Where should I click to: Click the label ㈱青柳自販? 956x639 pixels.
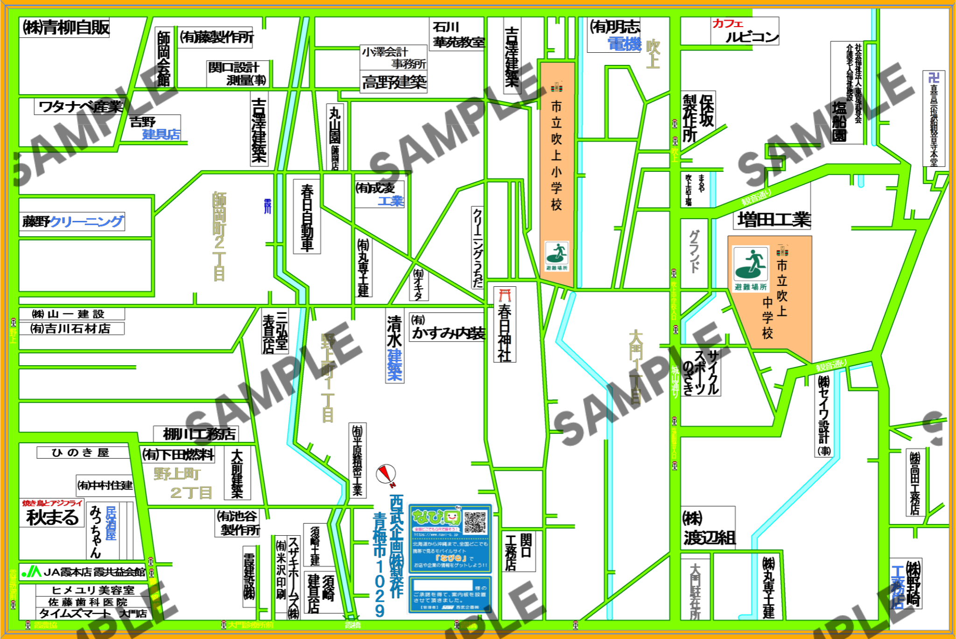coord(65,28)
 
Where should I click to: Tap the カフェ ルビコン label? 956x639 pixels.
coord(745,31)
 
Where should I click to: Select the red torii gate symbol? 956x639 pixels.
coord(505,296)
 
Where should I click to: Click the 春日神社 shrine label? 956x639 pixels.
coord(505,332)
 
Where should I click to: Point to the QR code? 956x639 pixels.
coord(475,522)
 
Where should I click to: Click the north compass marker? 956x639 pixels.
coord(386,474)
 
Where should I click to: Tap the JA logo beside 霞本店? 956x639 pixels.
coord(32,571)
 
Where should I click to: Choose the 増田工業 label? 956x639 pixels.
coord(773,220)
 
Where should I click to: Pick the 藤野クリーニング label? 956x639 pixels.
coord(72,221)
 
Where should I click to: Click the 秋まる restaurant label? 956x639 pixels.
coord(52,517)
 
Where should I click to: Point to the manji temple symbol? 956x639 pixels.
coord(933,78)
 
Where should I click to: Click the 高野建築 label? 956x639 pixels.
coord(394,83)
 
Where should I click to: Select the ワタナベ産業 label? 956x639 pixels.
coord(80,107)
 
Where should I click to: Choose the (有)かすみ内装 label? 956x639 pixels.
coord(447,328)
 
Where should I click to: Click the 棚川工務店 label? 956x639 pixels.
coord(198,434)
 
